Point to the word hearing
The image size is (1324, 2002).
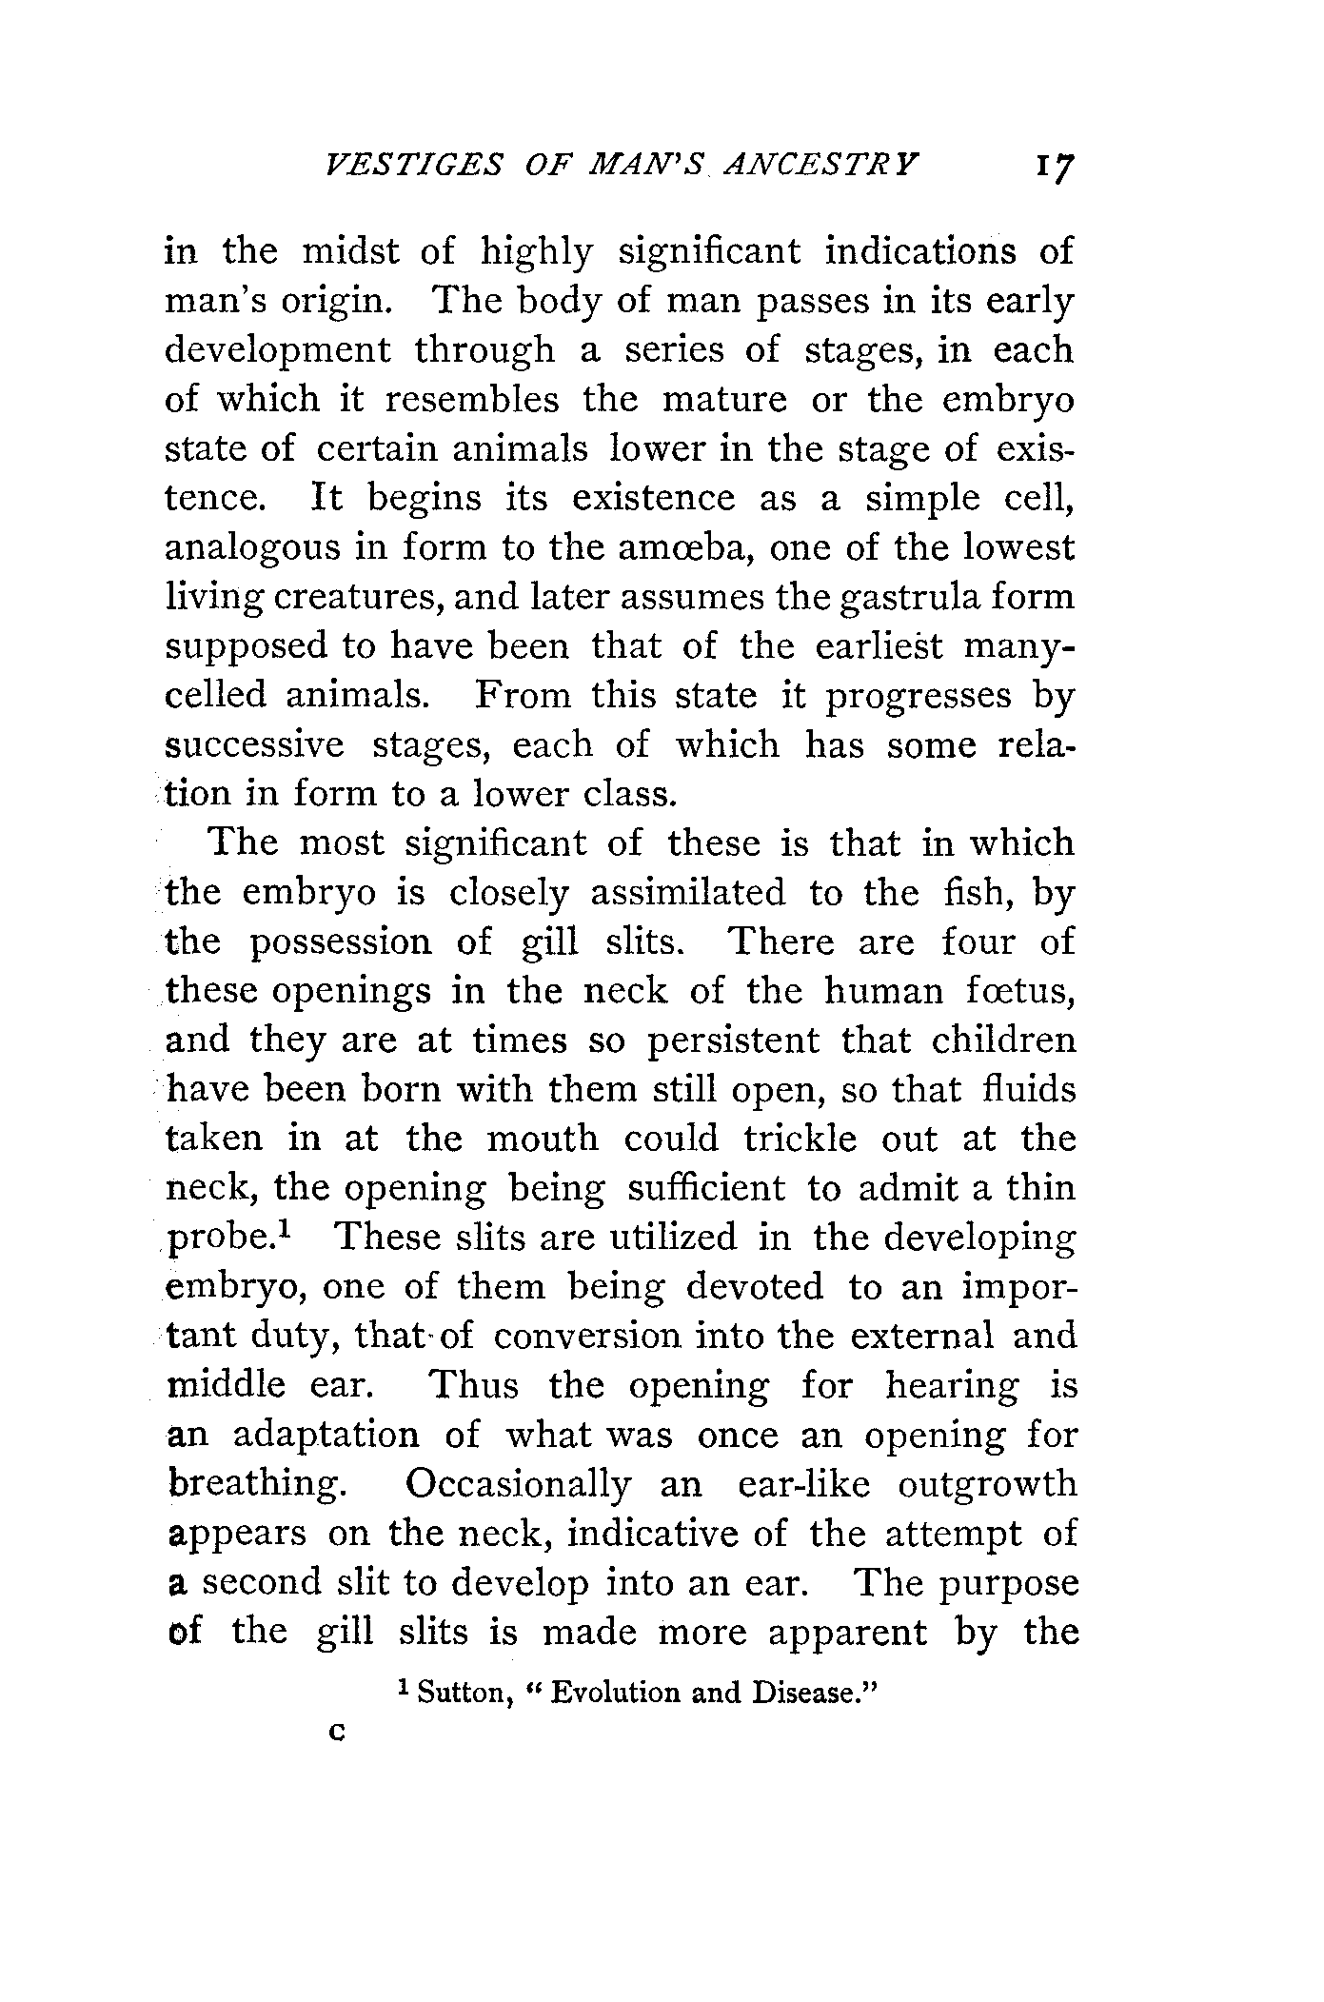click(x=951, y=1386)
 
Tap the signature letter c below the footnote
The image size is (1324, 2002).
click(x=334, y=1735)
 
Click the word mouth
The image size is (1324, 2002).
click(x=542, y=1140)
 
